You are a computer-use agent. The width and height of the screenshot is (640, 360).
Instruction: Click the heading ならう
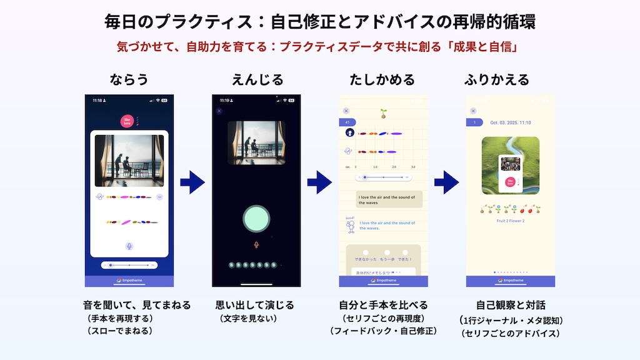tap(129, 80)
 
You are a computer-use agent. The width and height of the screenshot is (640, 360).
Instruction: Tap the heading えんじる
tap(257, 80)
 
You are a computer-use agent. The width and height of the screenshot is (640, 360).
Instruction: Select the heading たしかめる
tap(382, 80)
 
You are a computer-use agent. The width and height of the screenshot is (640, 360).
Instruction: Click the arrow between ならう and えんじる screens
tap(192, 182)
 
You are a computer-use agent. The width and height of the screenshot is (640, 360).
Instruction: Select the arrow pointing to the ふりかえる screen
tap(446, 182)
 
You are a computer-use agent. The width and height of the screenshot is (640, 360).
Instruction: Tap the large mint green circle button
tap(256, 219)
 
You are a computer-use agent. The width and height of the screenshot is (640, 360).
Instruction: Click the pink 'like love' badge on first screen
tap(127, 121)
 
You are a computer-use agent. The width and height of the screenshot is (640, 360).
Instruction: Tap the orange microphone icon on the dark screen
tap(256, 244)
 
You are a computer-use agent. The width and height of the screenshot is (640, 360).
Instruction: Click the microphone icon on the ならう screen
tap(129, 246)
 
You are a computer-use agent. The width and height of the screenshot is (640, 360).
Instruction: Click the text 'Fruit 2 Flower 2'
tap(510, 221)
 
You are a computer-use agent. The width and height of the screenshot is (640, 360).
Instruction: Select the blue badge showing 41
tap(347, 122)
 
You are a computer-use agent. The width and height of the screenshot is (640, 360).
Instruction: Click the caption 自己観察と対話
tap(511, 306)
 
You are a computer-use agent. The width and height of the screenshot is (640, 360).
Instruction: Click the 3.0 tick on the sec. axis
tap(413, 167)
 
